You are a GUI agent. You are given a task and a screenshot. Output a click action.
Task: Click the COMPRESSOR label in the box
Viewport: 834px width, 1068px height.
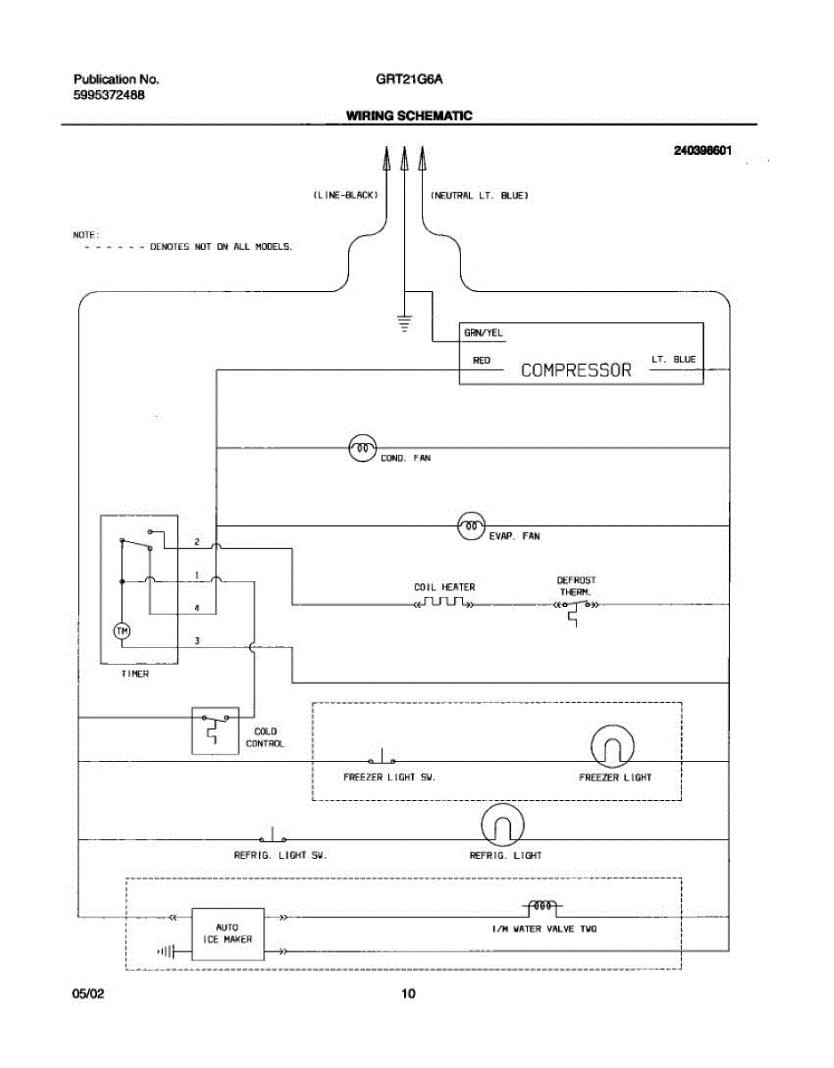pos(576,370)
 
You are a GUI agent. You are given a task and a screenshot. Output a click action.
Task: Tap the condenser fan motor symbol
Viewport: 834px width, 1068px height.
pos(362,448)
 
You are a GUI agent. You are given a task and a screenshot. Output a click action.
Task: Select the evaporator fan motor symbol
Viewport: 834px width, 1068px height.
pos(472,526)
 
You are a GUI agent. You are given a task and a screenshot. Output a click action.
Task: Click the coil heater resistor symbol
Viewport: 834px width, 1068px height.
pos(444,602)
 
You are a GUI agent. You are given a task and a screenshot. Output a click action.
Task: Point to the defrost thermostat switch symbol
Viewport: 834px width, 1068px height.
pos(576,610)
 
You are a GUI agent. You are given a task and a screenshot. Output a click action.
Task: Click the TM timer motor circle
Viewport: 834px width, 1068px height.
pos(122,631)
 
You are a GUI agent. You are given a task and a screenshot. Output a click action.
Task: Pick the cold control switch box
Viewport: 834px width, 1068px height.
pos(215,731)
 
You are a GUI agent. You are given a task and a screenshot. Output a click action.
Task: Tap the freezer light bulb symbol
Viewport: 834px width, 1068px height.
pos(612,747)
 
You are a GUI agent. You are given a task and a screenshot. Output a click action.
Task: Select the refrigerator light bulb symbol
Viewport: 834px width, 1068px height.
pos(503,825)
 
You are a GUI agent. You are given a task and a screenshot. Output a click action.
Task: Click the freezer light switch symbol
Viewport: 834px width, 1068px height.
pos(382,757)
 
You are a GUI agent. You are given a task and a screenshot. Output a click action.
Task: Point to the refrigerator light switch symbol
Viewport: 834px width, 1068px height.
pos(272,836)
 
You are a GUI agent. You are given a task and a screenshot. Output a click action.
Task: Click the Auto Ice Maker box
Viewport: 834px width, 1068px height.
pos(228,934)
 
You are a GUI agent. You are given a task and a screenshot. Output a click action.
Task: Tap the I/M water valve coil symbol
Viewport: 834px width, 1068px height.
pos(543,907)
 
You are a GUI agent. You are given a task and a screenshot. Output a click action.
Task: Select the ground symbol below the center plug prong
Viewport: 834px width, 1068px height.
pos(404,323)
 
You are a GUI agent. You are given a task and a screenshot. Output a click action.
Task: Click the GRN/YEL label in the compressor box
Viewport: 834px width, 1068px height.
pos(483,333)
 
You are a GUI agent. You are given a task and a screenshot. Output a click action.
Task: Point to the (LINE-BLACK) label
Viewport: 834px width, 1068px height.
pos(346,195)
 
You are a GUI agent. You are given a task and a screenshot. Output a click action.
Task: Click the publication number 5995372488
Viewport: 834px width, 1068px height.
pos(109,95)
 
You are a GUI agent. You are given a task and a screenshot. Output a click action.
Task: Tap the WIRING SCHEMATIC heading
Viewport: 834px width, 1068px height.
pos(409,116)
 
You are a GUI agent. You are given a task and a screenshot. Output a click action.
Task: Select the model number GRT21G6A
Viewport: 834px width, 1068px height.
pos(409,79)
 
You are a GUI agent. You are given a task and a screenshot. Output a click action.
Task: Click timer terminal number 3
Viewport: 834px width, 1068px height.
pos(197,641)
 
